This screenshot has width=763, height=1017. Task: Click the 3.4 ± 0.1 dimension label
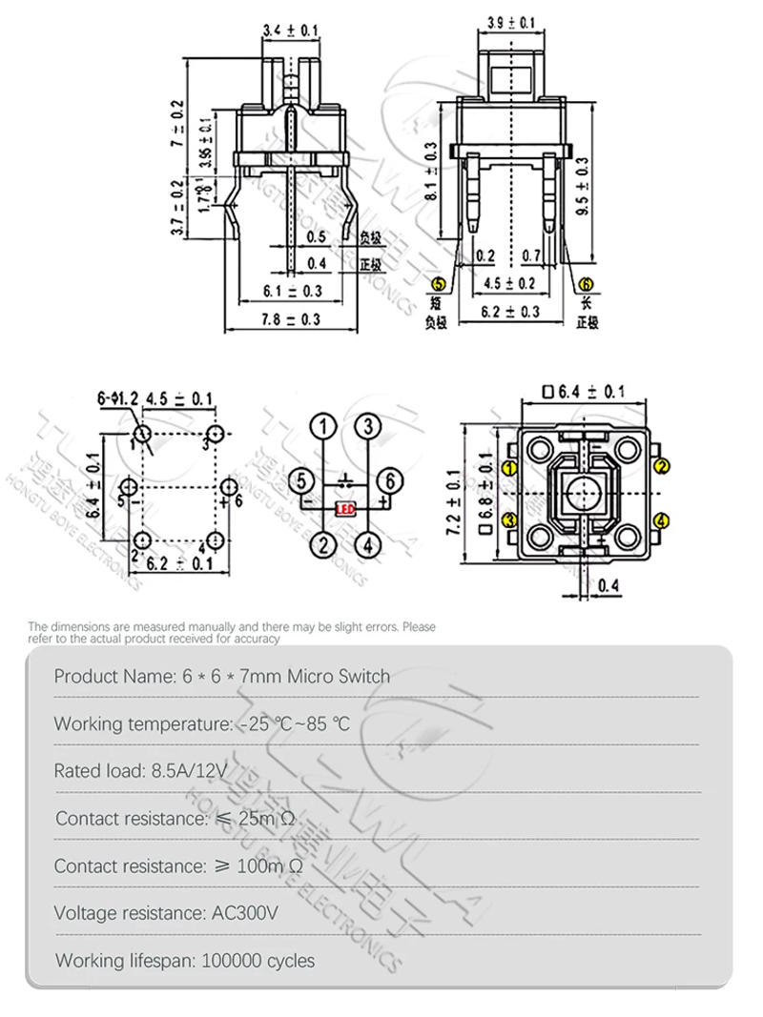click(291, 32)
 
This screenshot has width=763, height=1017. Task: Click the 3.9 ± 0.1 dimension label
click(510, 21)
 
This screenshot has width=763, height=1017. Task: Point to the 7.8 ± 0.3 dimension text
click(292, 319)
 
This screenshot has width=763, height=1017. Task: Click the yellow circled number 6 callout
click(586, 283)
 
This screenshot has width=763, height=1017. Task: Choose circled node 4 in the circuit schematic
click(368, 545)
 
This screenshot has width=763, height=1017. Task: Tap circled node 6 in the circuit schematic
click(385, 481)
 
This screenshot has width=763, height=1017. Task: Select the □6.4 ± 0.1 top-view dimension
click(583, 391)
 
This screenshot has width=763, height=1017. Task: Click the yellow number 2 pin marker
click(662, 465)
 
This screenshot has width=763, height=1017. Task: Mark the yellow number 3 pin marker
click(510, 519)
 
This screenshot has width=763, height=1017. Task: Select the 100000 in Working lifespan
click(236, 960)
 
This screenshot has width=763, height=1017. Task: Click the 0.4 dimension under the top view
click(608, 584)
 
